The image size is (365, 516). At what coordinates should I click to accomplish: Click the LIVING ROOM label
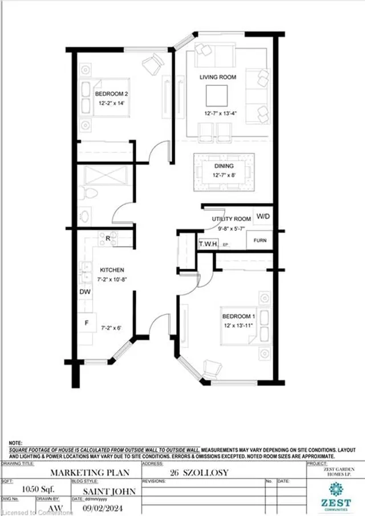pyautogui.click(x=218, y=77)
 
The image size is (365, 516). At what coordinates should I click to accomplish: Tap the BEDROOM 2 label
pyautogui.click(x=107, y=94)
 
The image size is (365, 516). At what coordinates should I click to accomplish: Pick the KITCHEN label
pyautogui.click(x=112, y=270)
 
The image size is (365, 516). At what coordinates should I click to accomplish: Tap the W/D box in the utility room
pyautogui.click(x=263, y=217)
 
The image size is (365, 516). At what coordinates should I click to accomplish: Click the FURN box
pyautogui.click(x=259, y=241)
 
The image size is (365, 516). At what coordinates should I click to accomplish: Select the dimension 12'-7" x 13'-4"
pyautogui.click(x=217, y=113)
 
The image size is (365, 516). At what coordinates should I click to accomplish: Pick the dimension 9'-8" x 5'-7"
pyautogui.click(x=228, y=228)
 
